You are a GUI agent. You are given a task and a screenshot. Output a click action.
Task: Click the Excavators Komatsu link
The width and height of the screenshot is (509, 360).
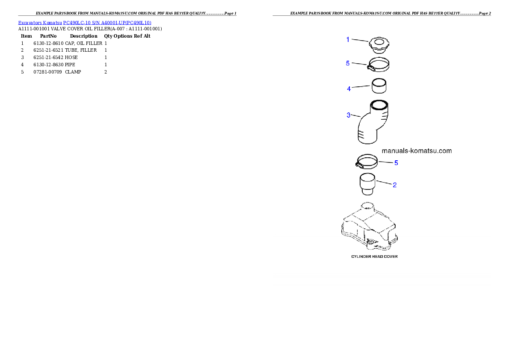(40, 23)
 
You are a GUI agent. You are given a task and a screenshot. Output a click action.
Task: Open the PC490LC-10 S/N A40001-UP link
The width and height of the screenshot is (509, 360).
(107, 23)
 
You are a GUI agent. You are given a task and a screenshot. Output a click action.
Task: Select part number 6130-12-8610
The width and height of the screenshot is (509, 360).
(48, 43)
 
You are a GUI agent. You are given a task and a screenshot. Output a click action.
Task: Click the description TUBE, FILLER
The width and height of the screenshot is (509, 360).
(81, 50)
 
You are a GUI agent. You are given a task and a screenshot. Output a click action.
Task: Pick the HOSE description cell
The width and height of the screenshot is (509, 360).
(71, 57)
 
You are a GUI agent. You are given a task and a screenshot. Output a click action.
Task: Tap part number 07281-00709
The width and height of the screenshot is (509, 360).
(47, 72)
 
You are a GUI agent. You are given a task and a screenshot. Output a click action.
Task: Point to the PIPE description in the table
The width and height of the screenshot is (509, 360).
(70, 65)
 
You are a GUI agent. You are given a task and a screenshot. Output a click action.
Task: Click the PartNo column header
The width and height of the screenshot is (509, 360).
(48, 36)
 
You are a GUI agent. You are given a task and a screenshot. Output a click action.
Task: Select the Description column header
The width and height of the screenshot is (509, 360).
(84, 36)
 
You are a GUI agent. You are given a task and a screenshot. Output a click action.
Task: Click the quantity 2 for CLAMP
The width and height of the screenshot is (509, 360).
(106, 72)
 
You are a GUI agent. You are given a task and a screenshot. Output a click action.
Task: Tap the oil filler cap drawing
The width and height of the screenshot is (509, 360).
(379, 45)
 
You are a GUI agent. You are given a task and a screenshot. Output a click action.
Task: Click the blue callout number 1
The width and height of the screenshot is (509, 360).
(348, 40)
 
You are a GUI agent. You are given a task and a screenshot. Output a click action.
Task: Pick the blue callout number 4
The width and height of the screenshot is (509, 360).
(349, 89)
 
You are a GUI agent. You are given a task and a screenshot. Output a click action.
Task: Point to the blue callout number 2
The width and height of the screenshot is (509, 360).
(395, 185)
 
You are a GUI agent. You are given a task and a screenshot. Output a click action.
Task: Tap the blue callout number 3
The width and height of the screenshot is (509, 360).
(348, 115)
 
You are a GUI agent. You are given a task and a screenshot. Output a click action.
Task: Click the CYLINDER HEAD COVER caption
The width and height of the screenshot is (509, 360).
(374, 257)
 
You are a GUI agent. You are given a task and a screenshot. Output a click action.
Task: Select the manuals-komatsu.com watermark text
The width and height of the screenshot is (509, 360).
(417, 150)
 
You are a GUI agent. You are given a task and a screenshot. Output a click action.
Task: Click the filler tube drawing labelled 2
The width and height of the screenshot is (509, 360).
(367, 184)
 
